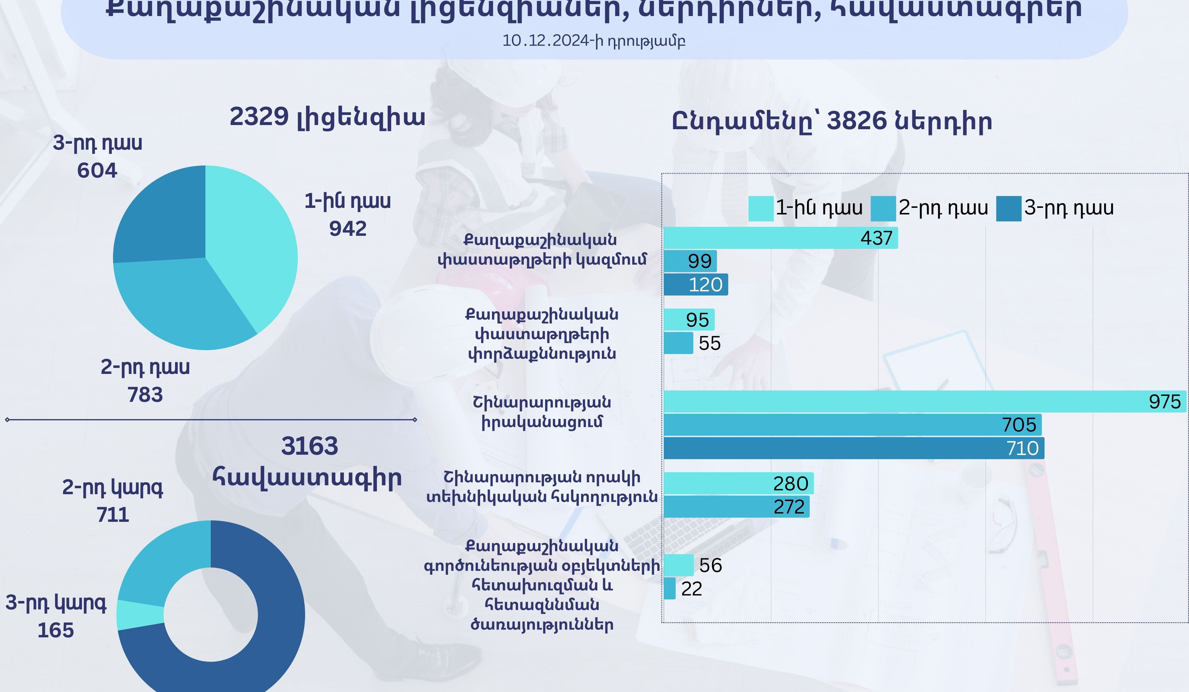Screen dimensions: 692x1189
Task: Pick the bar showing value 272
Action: point(736,507)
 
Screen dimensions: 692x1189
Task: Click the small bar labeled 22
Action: point(669,589)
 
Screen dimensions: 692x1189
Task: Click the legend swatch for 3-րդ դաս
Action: point(1008,208)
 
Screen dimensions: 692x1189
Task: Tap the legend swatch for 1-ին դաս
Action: point(761,208)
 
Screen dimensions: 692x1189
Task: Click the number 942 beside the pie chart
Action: point(348,229)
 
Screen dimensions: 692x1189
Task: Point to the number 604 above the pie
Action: point(97,170)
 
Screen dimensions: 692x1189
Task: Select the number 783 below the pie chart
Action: point(145,394)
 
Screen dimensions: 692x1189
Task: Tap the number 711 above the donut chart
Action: point(113,514)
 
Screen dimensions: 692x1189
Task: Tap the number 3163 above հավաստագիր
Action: point(309,446)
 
